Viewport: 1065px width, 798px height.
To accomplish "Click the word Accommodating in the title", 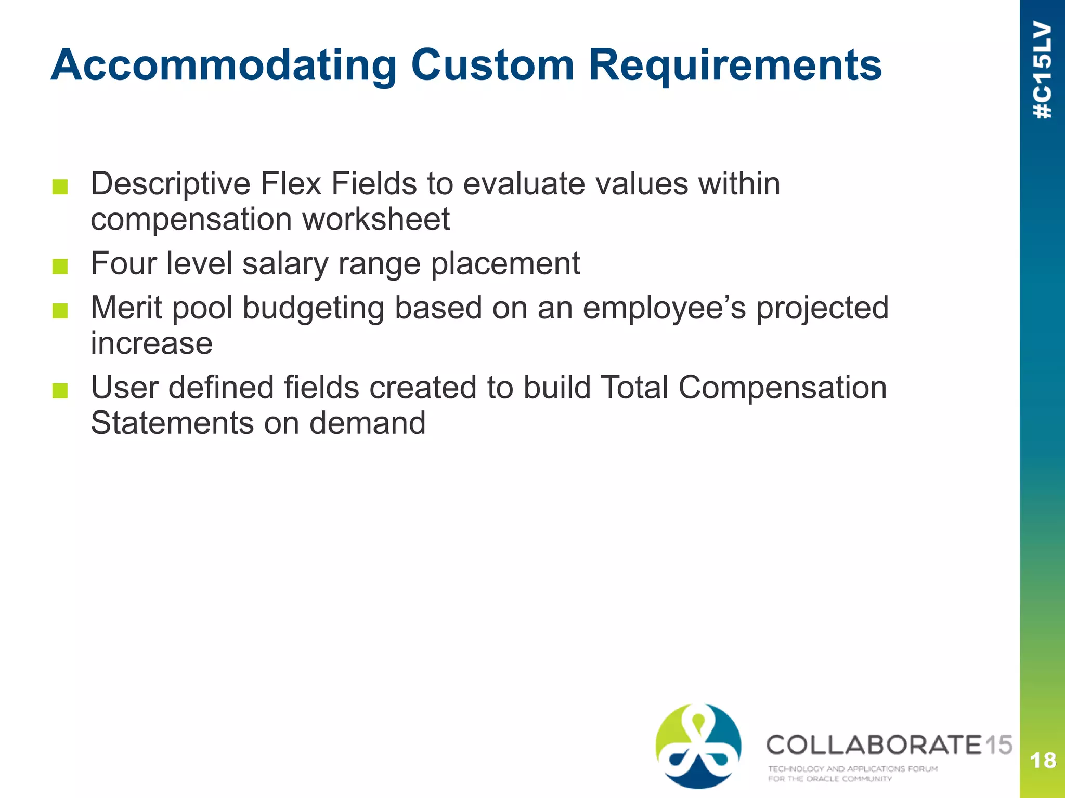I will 224,66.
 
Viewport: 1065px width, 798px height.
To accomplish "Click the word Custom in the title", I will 492,66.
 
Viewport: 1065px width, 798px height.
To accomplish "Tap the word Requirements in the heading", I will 735,66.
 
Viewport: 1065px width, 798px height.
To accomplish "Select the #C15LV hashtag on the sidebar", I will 1043,70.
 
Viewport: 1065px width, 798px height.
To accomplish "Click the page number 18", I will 1043,761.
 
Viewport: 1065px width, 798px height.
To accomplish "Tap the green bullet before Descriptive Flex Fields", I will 60,187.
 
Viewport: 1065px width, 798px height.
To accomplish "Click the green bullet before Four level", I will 60,267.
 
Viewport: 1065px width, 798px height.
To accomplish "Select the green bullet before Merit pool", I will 60,311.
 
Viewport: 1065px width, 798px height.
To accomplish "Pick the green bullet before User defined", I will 60,391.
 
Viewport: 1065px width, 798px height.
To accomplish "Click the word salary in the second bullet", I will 285,263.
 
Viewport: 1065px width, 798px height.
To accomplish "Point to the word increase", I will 151,343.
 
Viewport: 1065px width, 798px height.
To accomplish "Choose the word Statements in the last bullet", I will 172,423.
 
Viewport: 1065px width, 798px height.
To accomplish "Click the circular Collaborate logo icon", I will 698,746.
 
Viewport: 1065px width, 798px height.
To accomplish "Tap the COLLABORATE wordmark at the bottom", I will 874,745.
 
